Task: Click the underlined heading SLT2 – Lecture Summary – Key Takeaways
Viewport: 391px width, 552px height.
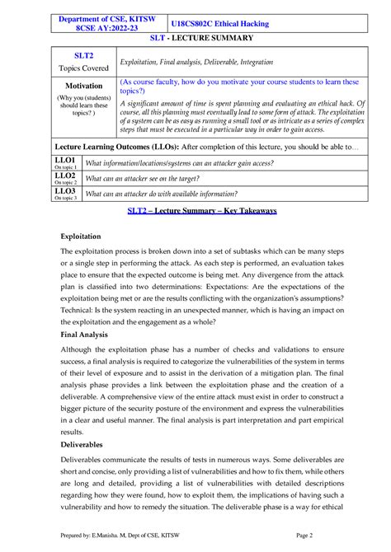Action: tap(201, 211)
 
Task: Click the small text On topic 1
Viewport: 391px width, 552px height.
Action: tap(65, 166)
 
